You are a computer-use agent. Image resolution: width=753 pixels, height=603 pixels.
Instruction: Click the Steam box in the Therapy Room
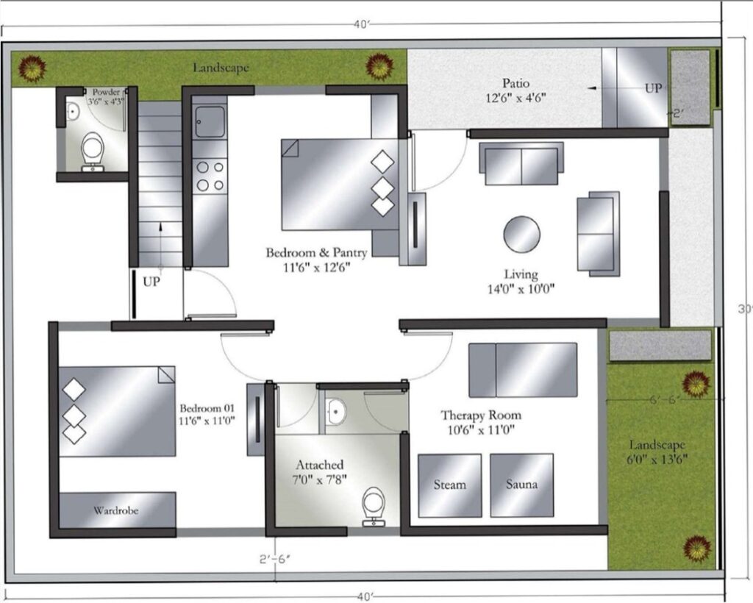[x=450, y=485]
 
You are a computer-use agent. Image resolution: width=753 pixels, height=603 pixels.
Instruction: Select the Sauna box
[x=521, y=485]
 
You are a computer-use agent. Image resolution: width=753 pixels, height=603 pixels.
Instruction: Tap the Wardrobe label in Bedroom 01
[x=115, y=510]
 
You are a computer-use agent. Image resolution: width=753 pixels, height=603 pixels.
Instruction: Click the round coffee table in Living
[x=521, y=235]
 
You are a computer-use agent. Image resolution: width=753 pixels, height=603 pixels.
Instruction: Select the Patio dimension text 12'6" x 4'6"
[x=516, y=99]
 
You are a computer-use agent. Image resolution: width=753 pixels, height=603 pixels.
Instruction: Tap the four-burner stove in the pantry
[x=210, y=176]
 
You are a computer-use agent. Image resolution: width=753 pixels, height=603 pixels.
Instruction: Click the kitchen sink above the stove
[x=210, y=121]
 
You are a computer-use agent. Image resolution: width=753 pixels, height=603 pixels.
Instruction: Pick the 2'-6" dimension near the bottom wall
[x=275, y=560]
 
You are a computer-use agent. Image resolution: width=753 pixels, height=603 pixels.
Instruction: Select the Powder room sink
[x=72, y=112]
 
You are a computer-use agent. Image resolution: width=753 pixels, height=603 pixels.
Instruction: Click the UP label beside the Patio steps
[x=653, y=88]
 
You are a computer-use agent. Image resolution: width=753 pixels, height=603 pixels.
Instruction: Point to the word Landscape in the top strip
[x=221, y=68]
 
